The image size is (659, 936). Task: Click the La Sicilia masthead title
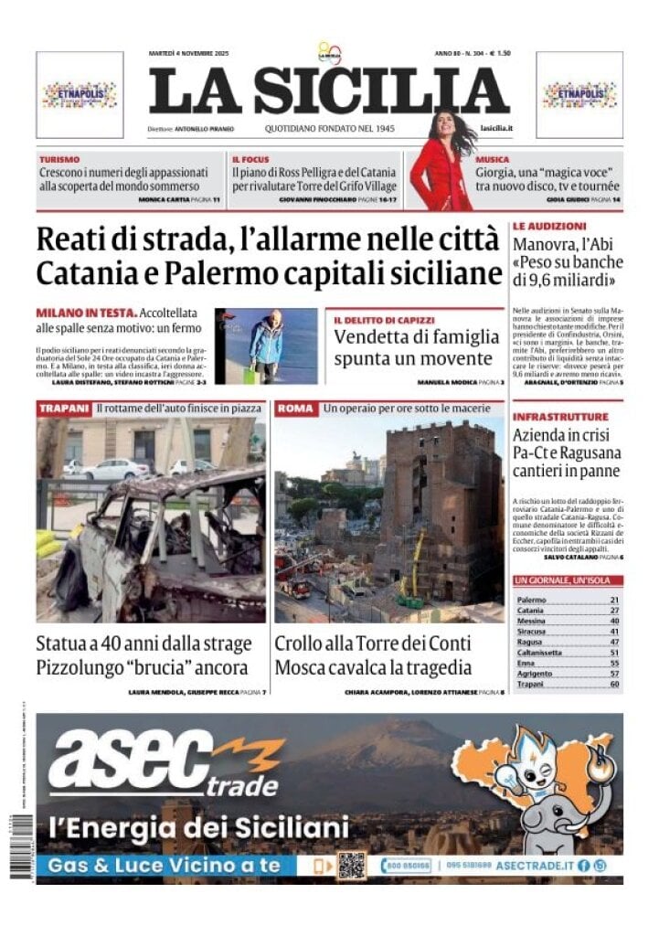coord(328,91)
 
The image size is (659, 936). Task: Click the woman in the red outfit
coord(442,165)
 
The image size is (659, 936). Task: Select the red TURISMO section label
coord(59,159)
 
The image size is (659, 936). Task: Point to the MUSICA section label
coord(493,159)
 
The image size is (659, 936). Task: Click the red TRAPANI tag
coord(64,408)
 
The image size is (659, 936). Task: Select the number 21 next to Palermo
coord(614,600)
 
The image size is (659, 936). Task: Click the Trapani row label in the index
coord(530,683)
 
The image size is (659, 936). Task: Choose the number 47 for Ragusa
coord(614,642)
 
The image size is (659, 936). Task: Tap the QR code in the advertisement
coord(351,865)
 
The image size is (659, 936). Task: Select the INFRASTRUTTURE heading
coord(560,417)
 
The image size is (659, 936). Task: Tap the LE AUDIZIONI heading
coord(548,225)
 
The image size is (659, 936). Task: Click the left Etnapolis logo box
coord(80,94)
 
